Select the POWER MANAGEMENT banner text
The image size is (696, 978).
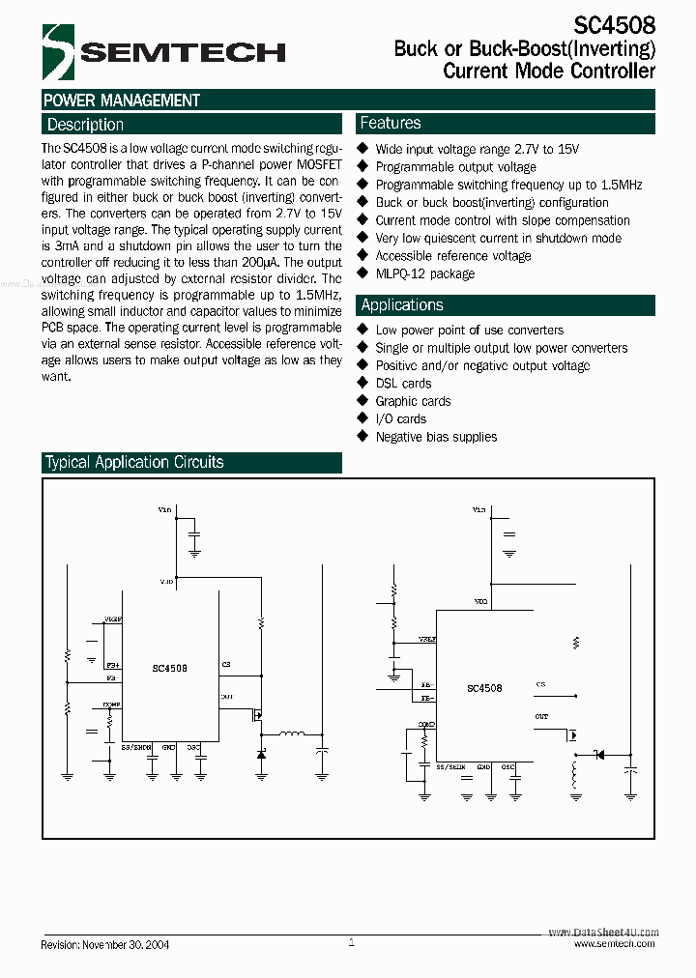[122, 101]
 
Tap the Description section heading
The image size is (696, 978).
[85, 125]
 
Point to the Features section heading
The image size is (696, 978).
[391, 123]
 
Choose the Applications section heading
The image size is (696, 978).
[401, 305]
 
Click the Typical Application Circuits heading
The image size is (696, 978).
[134, 463]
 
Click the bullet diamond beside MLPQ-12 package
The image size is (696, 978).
[363, 273]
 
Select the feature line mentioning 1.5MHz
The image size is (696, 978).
[508, 185]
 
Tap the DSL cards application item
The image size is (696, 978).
[403, 384]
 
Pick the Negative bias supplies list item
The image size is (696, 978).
[436, 437]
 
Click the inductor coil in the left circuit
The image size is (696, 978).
[292, 735]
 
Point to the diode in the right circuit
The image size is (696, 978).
[597, 754]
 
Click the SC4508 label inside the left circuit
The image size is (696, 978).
[170, 668]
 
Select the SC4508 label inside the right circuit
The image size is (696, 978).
[484, 688]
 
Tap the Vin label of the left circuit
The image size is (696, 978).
[164, 508]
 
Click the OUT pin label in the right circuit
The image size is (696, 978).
[541, 716]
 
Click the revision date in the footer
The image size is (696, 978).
[105, 944]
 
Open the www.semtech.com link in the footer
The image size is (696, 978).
[614, 944]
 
